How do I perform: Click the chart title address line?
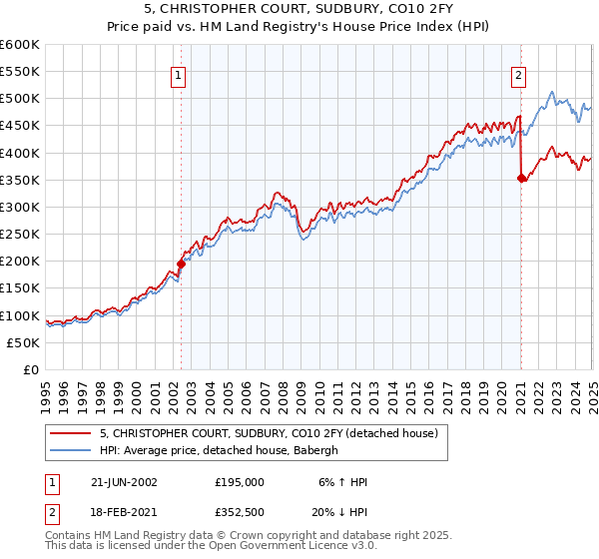pos(299,10)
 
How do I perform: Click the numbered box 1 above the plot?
pos(178,73)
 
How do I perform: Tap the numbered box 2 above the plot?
pos(520,73)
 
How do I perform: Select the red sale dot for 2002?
pos(181,264)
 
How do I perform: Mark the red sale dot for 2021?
pos(521,179)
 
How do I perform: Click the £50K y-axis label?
pos(23,342)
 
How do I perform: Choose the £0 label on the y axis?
pos(29,369)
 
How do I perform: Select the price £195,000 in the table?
pos(239,482)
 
